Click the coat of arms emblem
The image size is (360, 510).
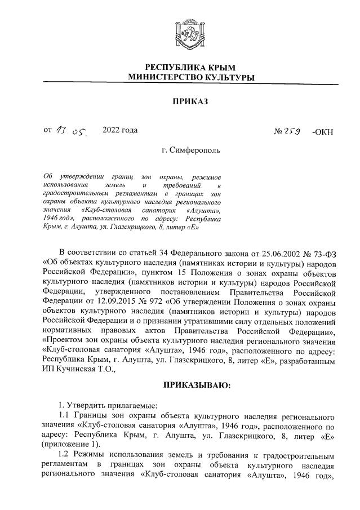(190, 36)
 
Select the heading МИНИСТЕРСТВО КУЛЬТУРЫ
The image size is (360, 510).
(190, 77)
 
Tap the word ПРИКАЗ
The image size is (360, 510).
(190, 101)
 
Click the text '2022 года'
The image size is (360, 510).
(120, 131)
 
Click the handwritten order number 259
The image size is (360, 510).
(294, 132)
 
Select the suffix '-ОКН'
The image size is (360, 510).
(322, 132)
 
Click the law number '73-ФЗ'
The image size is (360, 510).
(323, 251)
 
